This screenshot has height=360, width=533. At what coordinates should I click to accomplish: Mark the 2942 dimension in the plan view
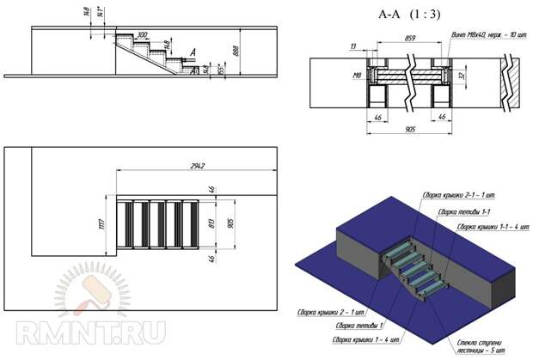coord(204,166)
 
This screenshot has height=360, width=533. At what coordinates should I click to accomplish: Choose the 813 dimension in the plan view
coord(211,225)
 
